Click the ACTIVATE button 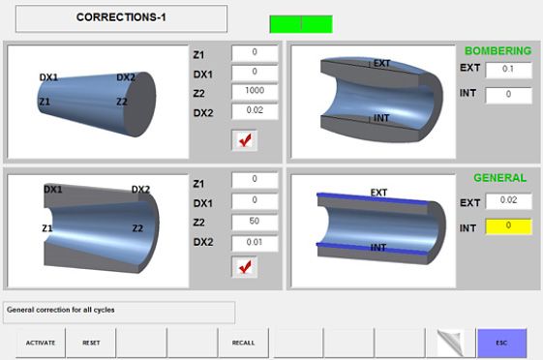tap(41, 343)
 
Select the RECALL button tap(243, 343)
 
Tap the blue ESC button tap(501, 343)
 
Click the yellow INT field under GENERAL tap(508, 225)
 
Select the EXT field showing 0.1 tap(508, 70)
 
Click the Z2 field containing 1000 tap(255, 91)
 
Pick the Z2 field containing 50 tap(255, 222)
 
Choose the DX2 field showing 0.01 tap(255, 242)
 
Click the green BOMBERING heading tap(498, 50)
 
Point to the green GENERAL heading tap(499, 178)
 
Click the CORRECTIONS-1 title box tap(121, 17)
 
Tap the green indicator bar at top tap(300, 24)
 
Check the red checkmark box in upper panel tap(245, 139)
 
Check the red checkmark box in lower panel tap(245, 266)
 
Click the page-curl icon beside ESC tap(451, 343)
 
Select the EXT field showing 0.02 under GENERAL tap(508, 201)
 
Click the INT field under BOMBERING tap(508, 95)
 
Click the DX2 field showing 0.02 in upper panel tap(255, 111)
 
